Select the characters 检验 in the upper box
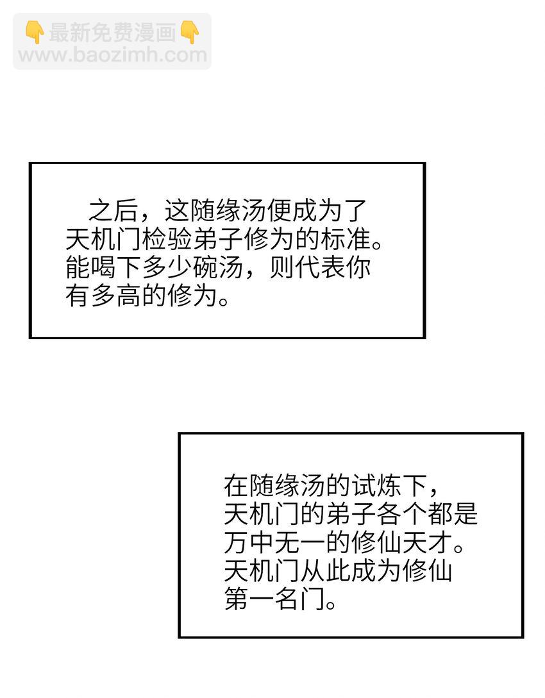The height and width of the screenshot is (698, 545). click(x=167, y=239)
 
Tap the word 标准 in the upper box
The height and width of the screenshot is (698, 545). click(x=346, y=239)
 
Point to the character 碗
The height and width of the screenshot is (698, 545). click(x=205, y=267)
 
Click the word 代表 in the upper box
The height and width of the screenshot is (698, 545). click(x=320, y=267)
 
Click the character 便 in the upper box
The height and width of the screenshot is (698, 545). click(x=279, y=210)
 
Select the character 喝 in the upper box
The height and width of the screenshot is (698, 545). click(x=103, y=267)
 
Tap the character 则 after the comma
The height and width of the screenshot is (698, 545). click(x=282, y=267)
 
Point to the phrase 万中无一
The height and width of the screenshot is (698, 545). click(x=274, y=542)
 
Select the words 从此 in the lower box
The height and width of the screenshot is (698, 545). click(x=326, y=570)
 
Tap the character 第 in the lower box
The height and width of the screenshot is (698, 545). click(x=237, y=599)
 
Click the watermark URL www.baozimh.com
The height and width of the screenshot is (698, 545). click(x=113, y=55)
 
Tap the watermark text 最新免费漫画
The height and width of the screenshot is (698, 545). click(x=113, y=33)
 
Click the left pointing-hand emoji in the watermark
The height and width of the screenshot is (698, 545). click(x=35, y=33)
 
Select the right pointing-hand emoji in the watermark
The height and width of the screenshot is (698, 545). click(x=190, y=33)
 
